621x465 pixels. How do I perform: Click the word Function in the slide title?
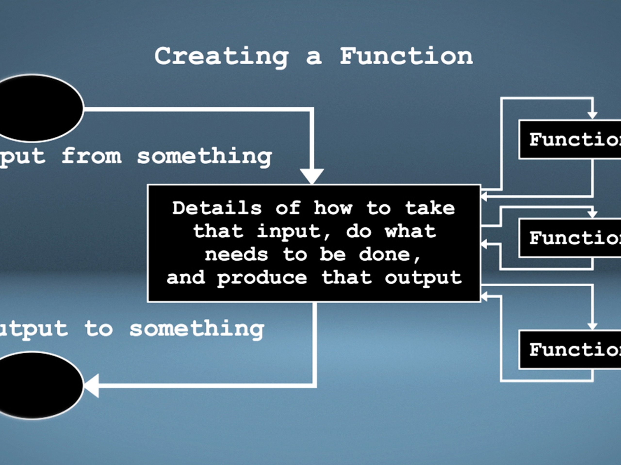[x=406, y=56]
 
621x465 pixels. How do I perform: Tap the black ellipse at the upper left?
[x=36, y=108]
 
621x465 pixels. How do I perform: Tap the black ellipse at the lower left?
[x=36, y=385]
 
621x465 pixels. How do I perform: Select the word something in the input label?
[x=204, y=157]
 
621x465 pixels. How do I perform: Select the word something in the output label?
[x=196, y=330]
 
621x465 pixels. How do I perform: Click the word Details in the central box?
[x=217, y=208]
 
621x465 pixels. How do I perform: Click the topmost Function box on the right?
[x=570, y=139]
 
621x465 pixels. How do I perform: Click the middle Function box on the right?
[x=570, y=238]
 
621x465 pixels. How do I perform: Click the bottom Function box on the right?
[x=570, y=350]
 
